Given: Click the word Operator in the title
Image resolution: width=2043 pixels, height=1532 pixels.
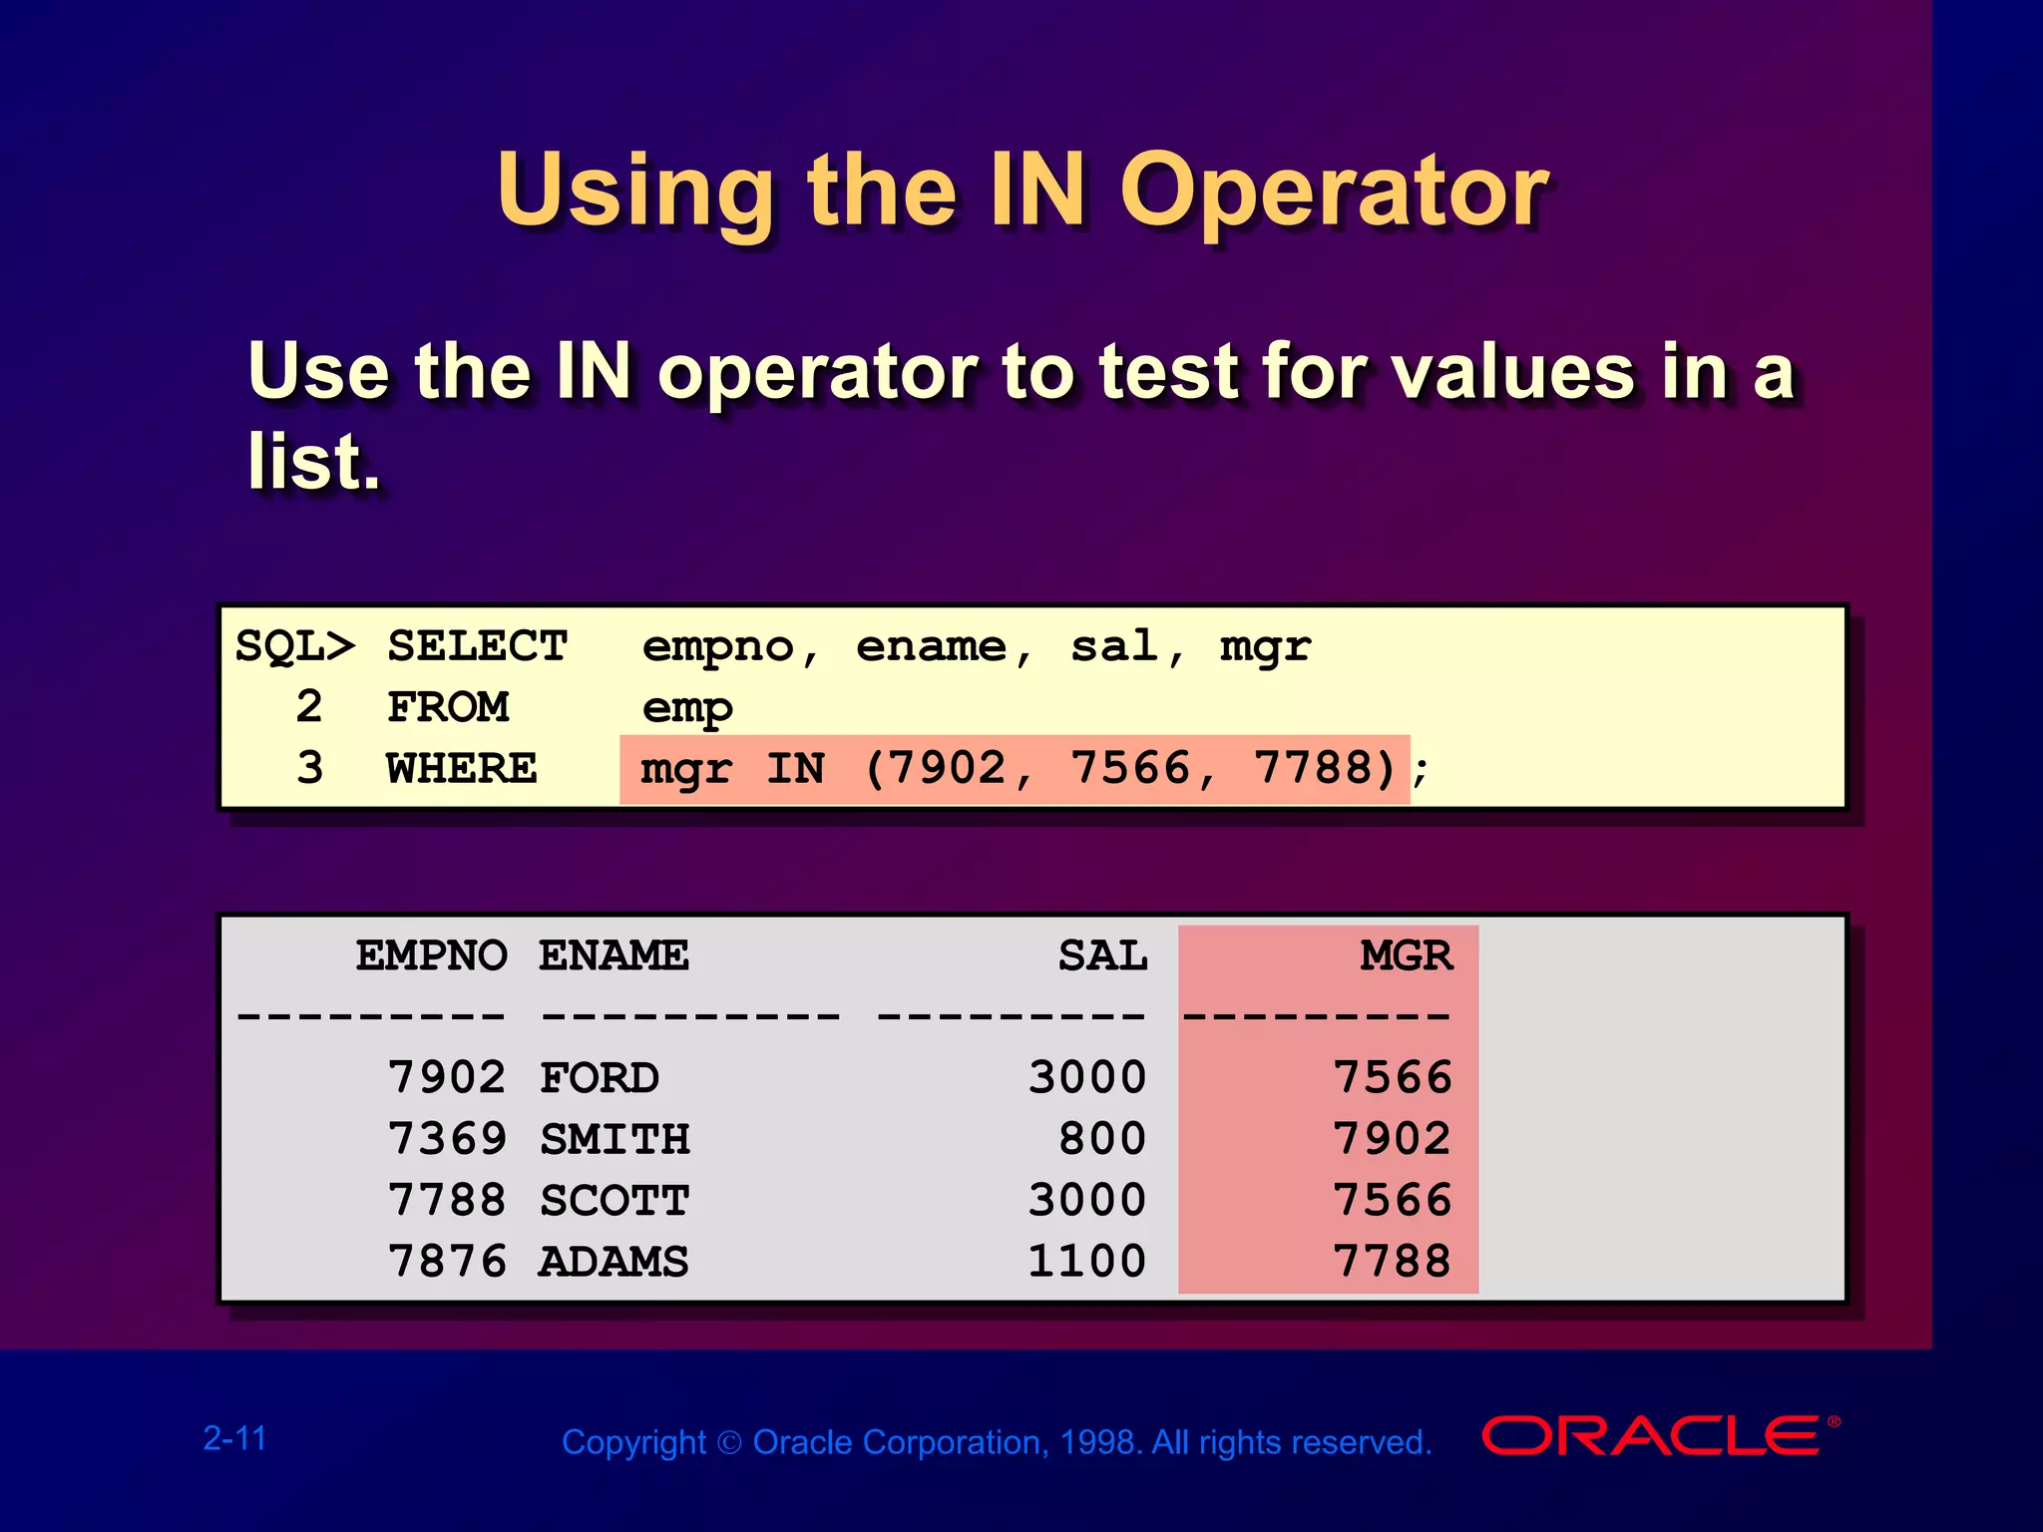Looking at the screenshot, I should [x=1334, y=191].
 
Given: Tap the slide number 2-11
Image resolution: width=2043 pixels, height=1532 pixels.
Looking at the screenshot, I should [x=235, y=1438].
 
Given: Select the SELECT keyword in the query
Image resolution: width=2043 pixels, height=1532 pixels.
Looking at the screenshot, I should [x=477, y=646].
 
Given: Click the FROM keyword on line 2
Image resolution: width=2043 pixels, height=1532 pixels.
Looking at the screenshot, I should [x=448, y=707].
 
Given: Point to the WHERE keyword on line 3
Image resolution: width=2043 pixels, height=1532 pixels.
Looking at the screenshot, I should [x=462, y=769].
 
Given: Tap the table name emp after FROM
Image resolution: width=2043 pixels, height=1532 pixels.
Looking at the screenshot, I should [x=687, y=708].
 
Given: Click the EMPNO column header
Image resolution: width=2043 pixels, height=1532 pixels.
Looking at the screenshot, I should [x=431, y=956].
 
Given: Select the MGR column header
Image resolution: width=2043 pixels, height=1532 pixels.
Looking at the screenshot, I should [x=1406, y=956].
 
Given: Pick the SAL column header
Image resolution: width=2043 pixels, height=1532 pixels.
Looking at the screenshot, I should [x=1102, y=956].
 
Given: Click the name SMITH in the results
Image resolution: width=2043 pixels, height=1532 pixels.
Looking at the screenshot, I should [x=614, y=1139].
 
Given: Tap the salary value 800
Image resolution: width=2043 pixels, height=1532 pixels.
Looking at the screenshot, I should [x=1102, y=1139].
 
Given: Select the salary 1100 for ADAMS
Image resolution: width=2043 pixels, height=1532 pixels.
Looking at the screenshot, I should [x=1086, y=1262].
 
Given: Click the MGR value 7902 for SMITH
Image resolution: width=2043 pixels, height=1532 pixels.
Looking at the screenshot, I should [x=1393, y=1139].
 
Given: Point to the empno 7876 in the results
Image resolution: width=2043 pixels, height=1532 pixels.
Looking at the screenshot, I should [x=447, y=1262].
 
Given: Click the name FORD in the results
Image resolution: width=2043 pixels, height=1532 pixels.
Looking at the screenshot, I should [x=600, y=1078].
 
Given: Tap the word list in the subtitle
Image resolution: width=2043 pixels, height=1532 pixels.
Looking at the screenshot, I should [x=313, y=462].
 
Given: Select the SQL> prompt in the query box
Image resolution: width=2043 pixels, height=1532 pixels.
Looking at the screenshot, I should [x=294, y=646].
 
